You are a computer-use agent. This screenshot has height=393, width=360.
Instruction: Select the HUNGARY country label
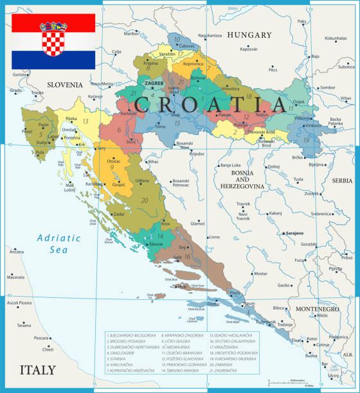click(x=249, y=35)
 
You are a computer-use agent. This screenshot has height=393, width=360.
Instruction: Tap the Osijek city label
click(x=299, y=102)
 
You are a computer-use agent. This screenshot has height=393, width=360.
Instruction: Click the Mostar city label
click(x=260, y=274)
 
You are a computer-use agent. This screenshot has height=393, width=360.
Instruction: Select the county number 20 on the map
click(x=145, y=200)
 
